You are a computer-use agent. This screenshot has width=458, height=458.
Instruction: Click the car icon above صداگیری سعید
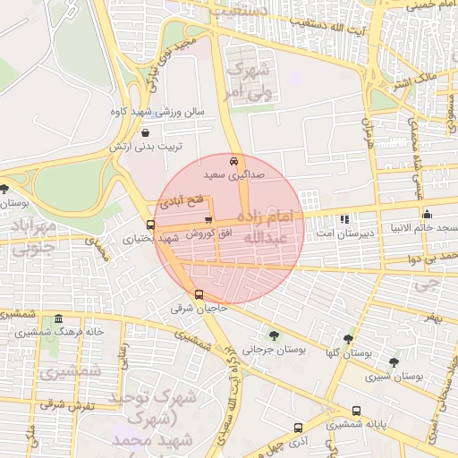click(233, 162)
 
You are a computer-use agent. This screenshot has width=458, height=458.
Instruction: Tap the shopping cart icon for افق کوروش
click(208, 219)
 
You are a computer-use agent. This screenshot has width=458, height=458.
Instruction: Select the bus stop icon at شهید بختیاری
click(149, 225)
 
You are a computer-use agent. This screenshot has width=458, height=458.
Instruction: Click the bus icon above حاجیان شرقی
click(199, 294)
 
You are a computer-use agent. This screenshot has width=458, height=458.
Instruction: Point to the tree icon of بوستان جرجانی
click(273, 336)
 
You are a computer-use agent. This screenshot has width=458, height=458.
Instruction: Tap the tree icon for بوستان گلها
click(348, 339)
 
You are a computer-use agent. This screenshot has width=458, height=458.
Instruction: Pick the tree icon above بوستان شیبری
click(394, 362)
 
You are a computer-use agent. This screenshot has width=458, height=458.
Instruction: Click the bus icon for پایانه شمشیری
click(356, 411)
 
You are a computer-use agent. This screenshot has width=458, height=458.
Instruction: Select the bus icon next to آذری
click(297, 428)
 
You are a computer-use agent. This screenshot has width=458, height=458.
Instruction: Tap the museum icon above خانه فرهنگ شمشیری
click(59, 319)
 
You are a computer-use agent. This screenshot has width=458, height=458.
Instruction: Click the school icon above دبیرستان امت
click(344, 219)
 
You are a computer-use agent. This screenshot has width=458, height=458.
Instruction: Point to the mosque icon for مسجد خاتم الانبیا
click(427, 214)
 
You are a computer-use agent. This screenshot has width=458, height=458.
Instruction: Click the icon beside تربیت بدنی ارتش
click(145, 132)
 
